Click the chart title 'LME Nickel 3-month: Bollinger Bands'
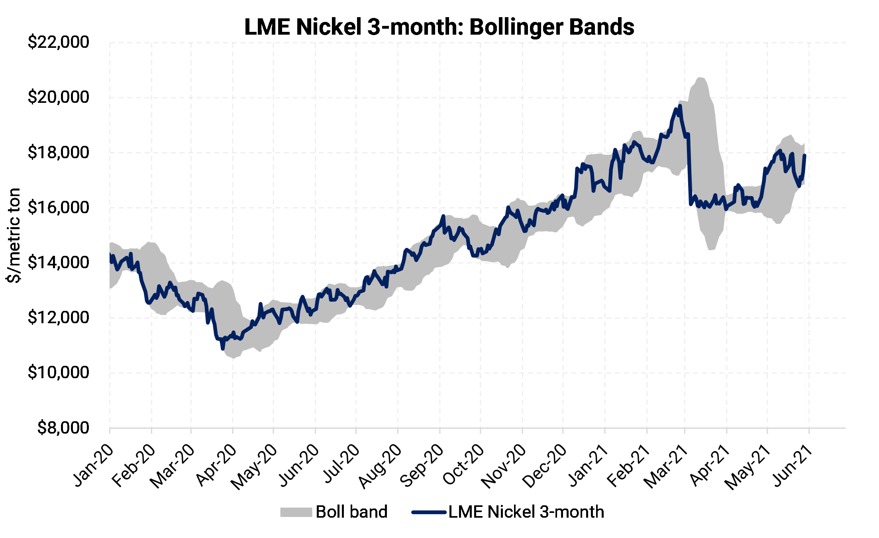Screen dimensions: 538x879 coord(439,27)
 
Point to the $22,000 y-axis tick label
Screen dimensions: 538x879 coord(59,42)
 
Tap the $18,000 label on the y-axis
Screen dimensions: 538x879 coord(59,153)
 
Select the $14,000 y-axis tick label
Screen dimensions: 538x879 coord(59,263)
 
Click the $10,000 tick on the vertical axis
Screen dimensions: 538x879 coord(59,373)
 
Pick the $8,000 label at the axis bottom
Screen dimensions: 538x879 coord(63,428)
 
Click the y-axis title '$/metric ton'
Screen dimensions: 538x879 coord(14,235)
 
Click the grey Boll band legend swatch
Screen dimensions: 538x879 coord(296,512)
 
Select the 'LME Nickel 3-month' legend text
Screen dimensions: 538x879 coord(526,512)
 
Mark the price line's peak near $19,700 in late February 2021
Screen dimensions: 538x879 coord(680,106)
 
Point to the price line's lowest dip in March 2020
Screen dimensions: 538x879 coord(223,349)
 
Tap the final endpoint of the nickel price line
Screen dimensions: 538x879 coord(805,155)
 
